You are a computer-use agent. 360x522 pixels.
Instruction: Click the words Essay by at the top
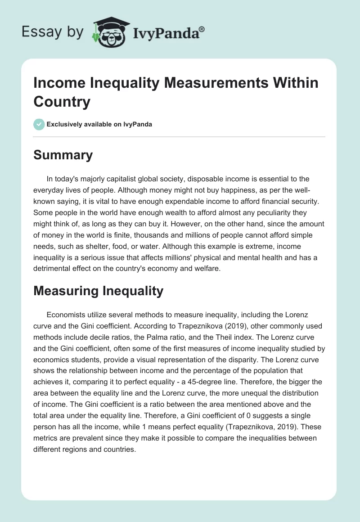click(52, 31)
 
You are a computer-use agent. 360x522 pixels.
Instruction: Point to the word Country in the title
click(62, 101)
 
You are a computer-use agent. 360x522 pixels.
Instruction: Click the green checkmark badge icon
click(39, 124)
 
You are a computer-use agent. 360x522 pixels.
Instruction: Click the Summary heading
click(63, 155)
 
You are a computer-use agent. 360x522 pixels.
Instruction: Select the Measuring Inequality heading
click(99, 291)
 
